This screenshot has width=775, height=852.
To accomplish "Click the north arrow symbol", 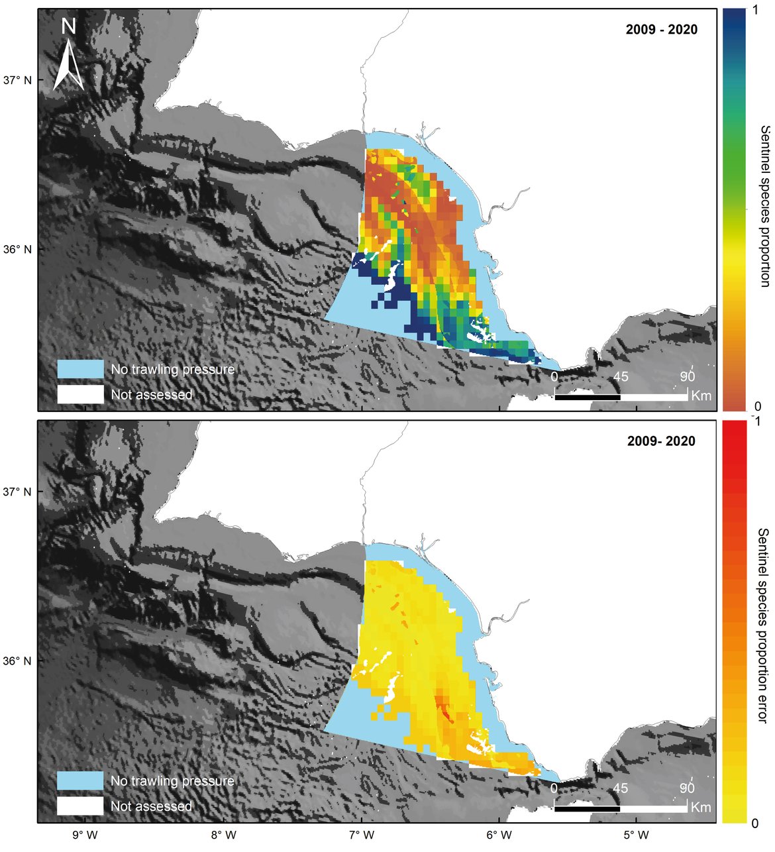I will click(x=68, y=56).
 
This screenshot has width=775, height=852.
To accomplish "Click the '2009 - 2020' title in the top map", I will click(x=661, y=29).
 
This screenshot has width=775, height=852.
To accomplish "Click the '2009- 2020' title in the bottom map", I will click(x=661, y=441).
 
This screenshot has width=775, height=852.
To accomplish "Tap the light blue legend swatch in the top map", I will click(x=80, y=369).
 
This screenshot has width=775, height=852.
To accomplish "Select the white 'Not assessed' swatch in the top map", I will click(x=80, y=394).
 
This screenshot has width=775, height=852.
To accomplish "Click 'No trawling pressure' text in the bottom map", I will click(x=172, y=781).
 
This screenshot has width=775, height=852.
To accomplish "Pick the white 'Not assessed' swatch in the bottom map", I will click(x=80, y=806).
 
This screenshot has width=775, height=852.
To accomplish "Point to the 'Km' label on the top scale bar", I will click(x=701, y=396).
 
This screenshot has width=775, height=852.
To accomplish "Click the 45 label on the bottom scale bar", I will click(x=621, y=788).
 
